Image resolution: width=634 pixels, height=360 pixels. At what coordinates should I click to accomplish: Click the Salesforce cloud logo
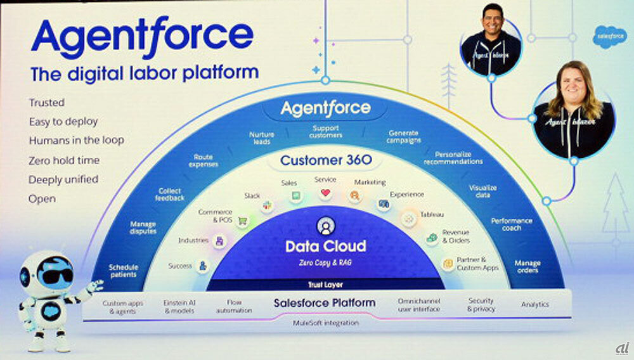click(609, 37)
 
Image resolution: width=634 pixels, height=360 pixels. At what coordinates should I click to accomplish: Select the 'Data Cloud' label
click(325, 247)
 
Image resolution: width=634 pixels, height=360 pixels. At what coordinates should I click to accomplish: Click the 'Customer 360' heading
click(326, 160)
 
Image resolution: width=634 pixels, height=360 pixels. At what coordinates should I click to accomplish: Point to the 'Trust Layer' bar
click(325, 285)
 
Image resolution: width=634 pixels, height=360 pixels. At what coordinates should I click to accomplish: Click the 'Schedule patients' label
click(123, 271)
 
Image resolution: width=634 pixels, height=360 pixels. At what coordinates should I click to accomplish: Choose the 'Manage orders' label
click(527, 266)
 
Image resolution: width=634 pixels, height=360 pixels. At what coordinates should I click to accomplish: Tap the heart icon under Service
click(325, 193)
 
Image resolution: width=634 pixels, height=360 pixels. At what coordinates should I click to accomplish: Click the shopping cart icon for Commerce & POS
click(242, 222)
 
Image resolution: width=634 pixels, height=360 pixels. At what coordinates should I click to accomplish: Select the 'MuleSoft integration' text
click(325, 323)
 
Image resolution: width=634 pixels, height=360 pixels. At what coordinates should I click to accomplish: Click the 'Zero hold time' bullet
click(63, 160)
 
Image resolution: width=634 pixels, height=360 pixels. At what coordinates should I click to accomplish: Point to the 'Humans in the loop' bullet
click(76, 140)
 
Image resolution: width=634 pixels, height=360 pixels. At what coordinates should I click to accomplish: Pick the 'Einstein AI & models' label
click(179, 307)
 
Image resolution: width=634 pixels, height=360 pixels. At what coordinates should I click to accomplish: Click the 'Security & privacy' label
click(481, 305)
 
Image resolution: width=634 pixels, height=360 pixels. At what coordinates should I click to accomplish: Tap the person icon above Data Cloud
click(325, 225)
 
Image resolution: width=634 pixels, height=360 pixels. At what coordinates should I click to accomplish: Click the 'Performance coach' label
click(512, 224)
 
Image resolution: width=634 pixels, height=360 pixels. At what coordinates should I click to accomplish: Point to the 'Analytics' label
click(534, 305)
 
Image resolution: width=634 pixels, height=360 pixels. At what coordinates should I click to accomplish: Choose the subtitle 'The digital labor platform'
click(145, 73)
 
